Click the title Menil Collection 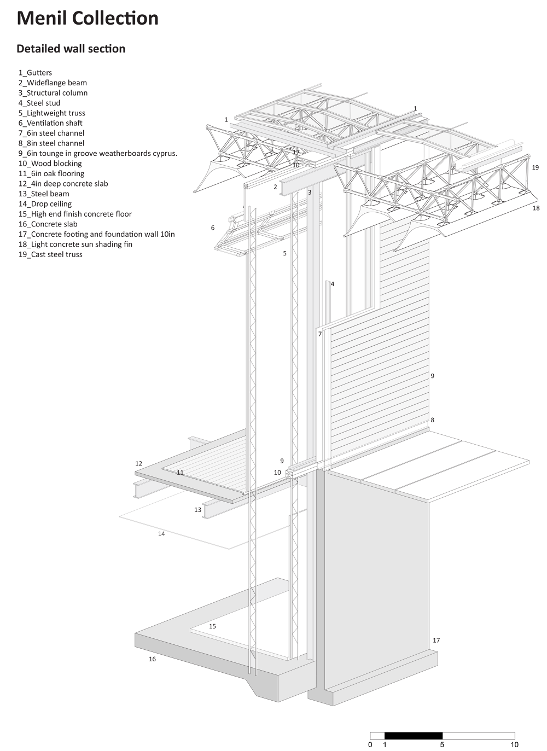click(88, 19)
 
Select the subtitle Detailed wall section click(71, 49)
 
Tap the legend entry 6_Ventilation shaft click(50, 123)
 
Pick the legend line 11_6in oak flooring click(51, 173)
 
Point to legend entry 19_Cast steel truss click(50, 254)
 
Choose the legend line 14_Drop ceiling click(45, 204)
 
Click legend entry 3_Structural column click(53, 93)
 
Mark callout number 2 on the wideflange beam click(275, 187)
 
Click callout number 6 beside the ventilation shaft click(213, 228)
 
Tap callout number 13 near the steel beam click(197, 510)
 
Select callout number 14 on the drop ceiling click(161, 534)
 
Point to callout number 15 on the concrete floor click(212, 626)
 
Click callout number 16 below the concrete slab click(152, 659)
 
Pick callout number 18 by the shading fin click(536, 208)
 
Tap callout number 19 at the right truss click(535, 167)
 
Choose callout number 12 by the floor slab click(138, 464)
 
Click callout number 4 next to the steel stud click(332, 284)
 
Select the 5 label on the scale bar click(442, 744)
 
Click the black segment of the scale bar click(413, 736)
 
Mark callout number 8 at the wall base click(432, 420)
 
